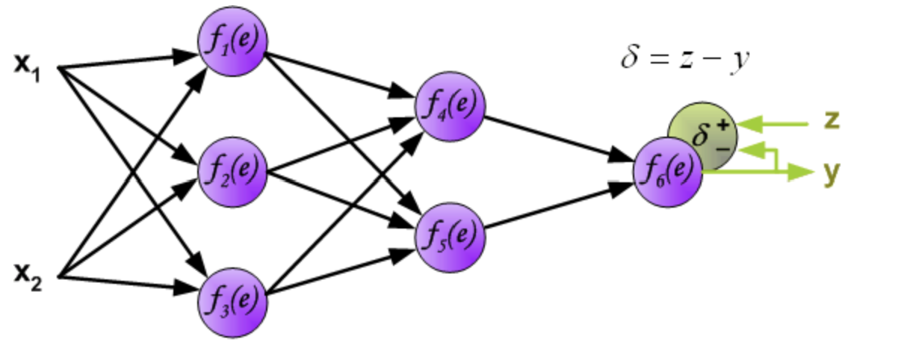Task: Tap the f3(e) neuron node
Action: [x=232, y=301]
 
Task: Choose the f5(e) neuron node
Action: [x=451, y=235]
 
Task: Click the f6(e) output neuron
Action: [x=667, y=173]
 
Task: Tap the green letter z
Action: [x=832, y=120]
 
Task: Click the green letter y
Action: [x=832, y=173]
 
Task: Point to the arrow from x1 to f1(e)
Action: [x=127, y=61]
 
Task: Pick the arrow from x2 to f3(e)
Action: [x=127, y=282]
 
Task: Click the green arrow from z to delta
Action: [x=777, y=123]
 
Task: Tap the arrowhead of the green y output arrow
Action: [x=802, y=173]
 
